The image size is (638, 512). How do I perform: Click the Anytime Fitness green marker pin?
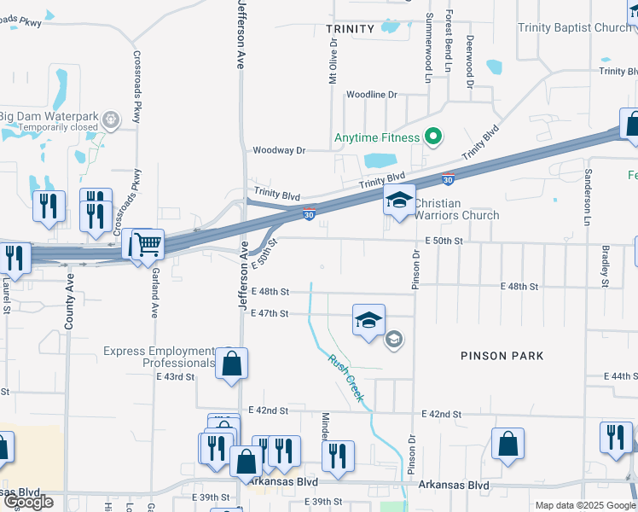pos(433,137)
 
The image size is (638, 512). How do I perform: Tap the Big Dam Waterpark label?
pos(47,116)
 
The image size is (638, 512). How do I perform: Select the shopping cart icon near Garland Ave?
pos(147,246)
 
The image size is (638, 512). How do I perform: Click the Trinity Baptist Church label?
pos(574,28)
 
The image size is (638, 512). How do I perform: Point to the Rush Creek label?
pos(347,378)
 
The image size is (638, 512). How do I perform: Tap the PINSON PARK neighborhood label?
pos(502,355)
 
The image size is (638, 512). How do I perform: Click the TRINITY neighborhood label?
pos(350,29)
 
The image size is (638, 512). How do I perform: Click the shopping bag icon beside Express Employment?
pos(231,364)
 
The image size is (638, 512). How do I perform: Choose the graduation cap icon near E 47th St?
pos(368,321)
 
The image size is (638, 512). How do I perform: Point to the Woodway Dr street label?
pos(277,150)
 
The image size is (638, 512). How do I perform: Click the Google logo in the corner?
pos(28,502)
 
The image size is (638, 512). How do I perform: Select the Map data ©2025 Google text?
pos(585,505)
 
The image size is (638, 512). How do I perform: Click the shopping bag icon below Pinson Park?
pos(508,445)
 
